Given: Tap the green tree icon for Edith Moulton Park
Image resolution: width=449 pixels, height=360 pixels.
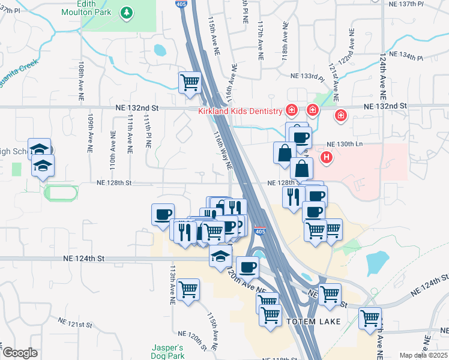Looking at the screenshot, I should pyautogui.click(x=127, y=12).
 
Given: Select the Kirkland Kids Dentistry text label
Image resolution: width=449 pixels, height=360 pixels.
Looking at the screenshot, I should pyautogui.click(x=240, y=112).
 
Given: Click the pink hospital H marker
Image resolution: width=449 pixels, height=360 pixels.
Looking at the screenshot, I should pyautogui.click(x=326, y=158).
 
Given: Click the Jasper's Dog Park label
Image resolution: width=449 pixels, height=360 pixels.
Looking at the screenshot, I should pyautogui.click(x=166, y=352).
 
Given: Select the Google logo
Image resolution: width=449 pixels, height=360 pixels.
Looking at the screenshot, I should pyautogui.click(x=20, y=353).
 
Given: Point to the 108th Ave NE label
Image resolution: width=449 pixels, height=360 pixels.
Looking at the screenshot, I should pyautogui.click(x=80, y=77).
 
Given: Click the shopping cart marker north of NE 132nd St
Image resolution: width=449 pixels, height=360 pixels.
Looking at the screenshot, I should pyautogui.click(x=190, y=81).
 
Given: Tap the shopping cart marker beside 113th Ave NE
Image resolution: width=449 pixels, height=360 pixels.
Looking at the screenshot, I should pyautogui.click(x=188, y=289).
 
